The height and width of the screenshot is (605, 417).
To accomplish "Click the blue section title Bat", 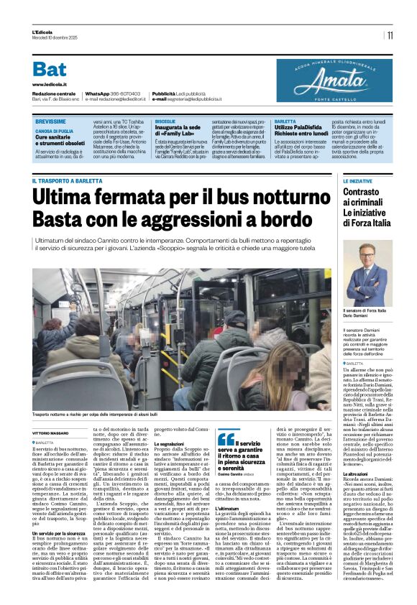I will pos(49,70).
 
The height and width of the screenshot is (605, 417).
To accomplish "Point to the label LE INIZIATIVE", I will pos(357,181).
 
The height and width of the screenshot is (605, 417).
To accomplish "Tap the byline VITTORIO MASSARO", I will pos(50,433).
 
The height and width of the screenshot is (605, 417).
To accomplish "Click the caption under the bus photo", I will pos(94,415).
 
